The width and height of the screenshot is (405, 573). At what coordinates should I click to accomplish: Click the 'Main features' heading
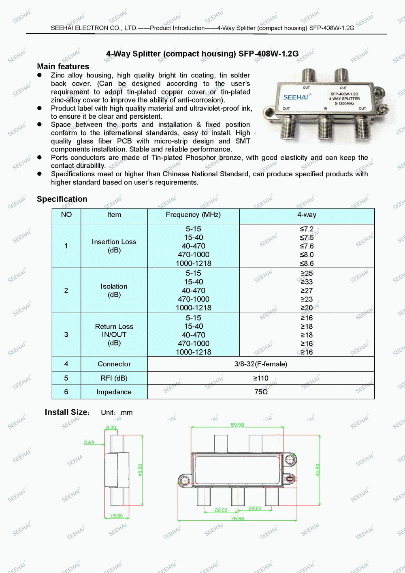pyautogui.click(x=63, y=66)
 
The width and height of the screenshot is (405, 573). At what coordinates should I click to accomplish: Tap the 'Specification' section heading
pyautogui.click(x=62, y=199)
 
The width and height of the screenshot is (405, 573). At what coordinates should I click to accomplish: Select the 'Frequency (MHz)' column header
pyautogui.click(x=193, y=215)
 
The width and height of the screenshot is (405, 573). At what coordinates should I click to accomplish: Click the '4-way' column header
pyautogui.click(x=307, y=215)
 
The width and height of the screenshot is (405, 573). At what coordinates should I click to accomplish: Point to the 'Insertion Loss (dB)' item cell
pyautogui.click(x=114, y=246)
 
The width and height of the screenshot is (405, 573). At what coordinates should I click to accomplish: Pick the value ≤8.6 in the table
pyautogui.click(x=307, y=263)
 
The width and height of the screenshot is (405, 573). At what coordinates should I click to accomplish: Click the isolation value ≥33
pyautogui.click(x=307, y=282)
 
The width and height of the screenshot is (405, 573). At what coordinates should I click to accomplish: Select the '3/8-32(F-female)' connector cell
pyautogui.click(x=261, y=364)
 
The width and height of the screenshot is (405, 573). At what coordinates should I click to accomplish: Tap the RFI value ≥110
pyautogui.click(x=261, y=378)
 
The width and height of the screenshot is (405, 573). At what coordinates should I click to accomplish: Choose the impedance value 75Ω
pyautogui.click(x=261, y=392)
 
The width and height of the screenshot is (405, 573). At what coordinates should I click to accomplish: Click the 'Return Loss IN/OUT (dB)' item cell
pyautogui.click(x=114, y=335)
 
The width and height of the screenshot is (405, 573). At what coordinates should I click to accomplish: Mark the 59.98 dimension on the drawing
pyautogui.click(x=237, y=425)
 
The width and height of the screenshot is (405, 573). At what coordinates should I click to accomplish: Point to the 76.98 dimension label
pyautogui.click(x=237, y=519)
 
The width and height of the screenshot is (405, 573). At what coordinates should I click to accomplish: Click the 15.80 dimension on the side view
pyautogui.click(x=117, y=516)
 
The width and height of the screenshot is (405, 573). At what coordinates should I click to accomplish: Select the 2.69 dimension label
pyautogui.click(x=89, y=443)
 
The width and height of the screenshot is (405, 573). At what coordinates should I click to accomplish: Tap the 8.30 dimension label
pyautogui.click(x=111, y=428)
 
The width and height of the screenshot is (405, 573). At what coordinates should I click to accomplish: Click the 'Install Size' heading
pyautogui.click(x=66, y=412)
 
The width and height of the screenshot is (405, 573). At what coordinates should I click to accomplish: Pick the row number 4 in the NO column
pyautogui.click(x=66, y=364)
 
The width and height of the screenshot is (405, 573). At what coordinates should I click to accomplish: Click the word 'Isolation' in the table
pyautogui.click(x=114, y=286)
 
